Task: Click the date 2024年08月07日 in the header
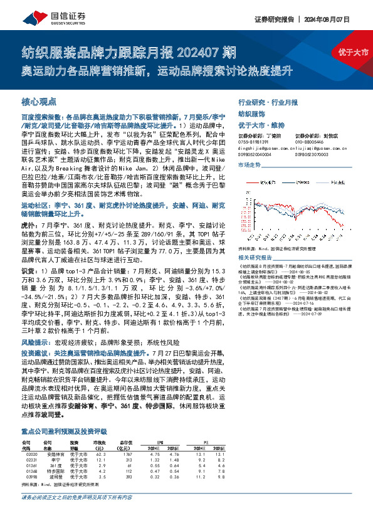point(333,19)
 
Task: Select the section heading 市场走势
point(249,165)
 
